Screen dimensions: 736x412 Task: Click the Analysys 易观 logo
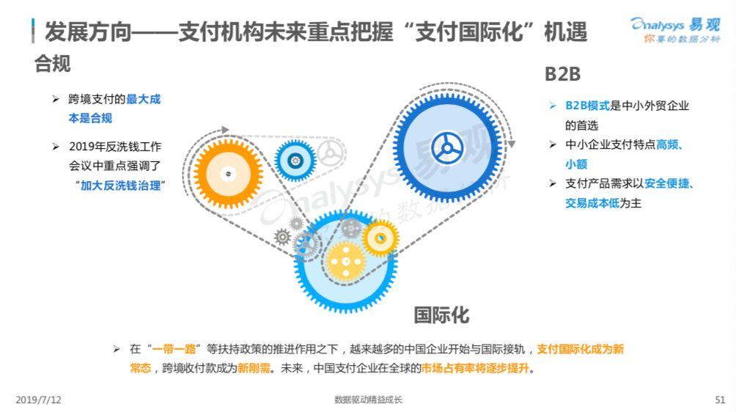(675, 29)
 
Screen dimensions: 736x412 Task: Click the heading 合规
(52, 64)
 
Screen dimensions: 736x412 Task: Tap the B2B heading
(562, 74)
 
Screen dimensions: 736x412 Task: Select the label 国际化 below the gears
(441, 315)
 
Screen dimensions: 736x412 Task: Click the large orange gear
(228, 174)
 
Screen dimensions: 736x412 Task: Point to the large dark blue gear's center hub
(447, 148)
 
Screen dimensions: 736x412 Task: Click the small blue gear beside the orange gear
(295, 161)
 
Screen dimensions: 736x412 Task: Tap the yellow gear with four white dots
(346, 262)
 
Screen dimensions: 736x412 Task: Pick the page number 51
(720, 400)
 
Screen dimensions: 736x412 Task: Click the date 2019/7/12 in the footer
(39, 400)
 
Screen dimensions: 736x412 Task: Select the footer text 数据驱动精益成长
(368, 400)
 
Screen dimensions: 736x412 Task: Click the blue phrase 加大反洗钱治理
(121, 185)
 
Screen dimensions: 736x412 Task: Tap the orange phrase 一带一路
(174, 349)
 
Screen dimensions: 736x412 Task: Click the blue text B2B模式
(587, 106)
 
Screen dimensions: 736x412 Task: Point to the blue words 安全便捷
(666, 183)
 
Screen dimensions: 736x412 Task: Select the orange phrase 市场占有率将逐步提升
(475, 368)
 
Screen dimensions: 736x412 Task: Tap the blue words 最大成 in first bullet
(143, 99)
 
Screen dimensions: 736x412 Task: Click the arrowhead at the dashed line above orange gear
(225, 130)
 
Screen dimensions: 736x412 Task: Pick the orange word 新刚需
(254, 368)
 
